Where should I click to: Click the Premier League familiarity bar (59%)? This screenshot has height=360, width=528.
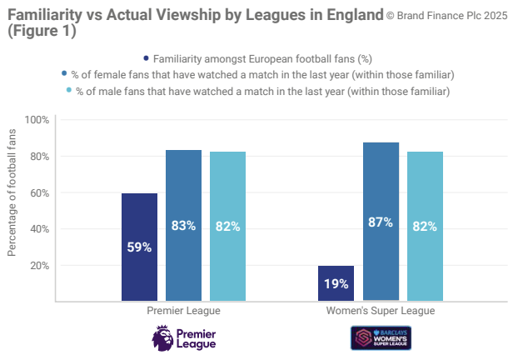coord(139,247)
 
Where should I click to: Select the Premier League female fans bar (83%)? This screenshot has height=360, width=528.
coord(183,225)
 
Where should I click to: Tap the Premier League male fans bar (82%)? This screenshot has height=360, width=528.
coord(227,226)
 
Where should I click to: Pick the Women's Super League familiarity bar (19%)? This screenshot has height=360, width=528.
coord(336,283)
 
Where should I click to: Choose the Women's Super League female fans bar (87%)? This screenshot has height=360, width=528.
coord(381,222)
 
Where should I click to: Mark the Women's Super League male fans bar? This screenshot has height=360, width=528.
coord(425,226)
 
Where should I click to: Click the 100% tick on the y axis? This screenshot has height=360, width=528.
coord(37,120)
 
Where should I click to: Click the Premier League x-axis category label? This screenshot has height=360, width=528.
coord(183,311)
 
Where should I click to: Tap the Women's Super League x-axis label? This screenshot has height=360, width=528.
coord(381,311)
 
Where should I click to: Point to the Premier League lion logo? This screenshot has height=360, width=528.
coord(183,337)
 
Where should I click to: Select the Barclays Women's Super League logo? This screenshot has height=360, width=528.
coord(381,337)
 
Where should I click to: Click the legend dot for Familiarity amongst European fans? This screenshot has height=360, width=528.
coord(147,58)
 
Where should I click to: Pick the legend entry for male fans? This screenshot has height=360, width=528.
coord(257,91)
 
